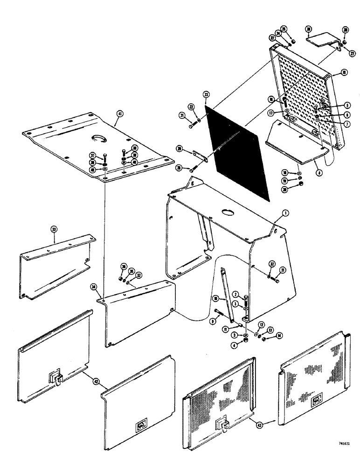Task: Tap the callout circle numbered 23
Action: (x=206, y=95)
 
